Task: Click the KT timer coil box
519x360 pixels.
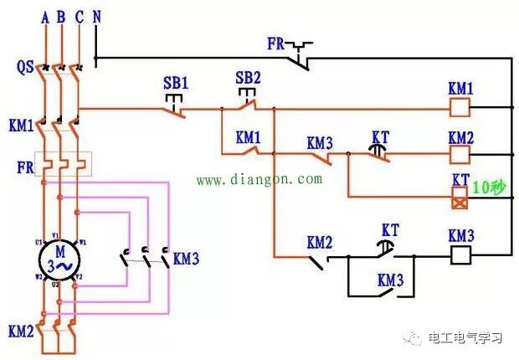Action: coord(460,198)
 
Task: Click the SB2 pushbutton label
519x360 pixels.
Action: coord(248,78)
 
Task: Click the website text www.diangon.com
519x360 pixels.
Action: coord(259,179)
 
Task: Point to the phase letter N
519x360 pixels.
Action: coord(96,16)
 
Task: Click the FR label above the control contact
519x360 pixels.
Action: coord(277,42)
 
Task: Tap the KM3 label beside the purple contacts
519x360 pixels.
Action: coord(186,258)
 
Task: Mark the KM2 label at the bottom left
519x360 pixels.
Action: coord(22,330)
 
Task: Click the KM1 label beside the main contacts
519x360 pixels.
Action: coord(22,126)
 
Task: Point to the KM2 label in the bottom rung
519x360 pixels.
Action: coord(320,243)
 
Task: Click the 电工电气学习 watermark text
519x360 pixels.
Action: coord(465,338)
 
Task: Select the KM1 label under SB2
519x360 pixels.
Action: coord(248,136)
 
